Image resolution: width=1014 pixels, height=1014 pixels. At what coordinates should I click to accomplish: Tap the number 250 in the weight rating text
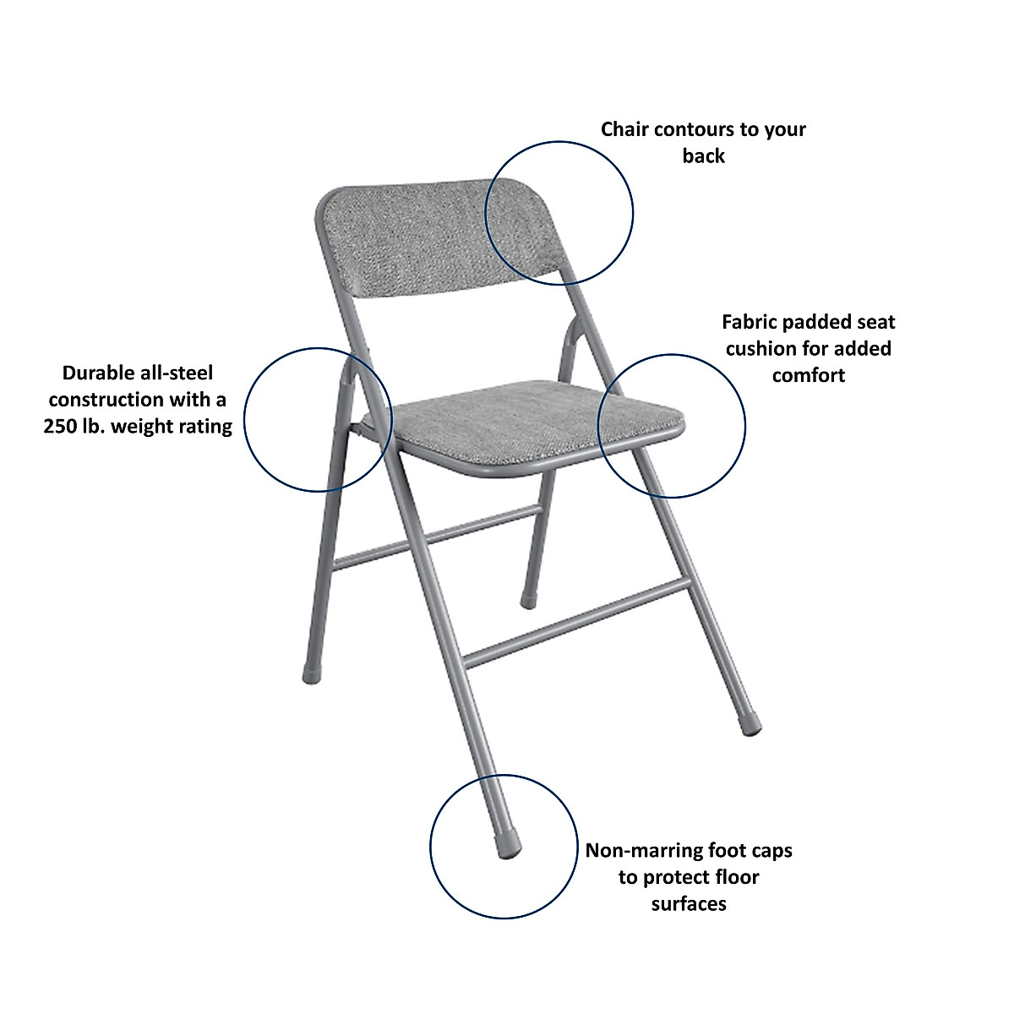point(61,426)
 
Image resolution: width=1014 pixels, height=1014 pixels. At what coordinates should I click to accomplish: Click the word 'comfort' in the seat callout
point(809,375)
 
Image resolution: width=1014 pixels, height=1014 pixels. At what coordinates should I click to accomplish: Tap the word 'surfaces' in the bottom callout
point(689,903)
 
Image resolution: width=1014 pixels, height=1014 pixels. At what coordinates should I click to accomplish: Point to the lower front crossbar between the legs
point(575,623)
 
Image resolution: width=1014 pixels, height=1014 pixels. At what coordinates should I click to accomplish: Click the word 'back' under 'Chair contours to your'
point(704,156)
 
